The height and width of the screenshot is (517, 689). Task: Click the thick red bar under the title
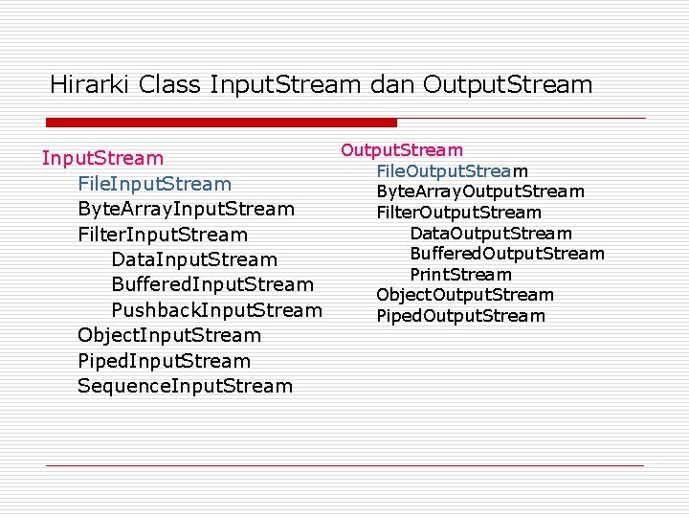pyautogui.click(x=222, y=123)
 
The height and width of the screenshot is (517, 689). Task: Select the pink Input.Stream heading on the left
pyautogui.click(x=102, y=158)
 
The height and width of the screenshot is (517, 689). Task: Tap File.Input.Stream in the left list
pyautogui.click(x=155, y=183)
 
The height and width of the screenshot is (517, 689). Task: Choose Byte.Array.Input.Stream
pyautogui.click(x=187, y=209)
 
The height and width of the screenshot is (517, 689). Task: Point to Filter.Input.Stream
pyautogui.click(x=163, y=235)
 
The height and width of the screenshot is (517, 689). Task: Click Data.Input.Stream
pyautogui.click(x=194, y=259)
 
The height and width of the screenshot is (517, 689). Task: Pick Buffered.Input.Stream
pyautogui.click(x=212, y=284)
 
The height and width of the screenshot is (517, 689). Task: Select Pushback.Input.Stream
pyautogui.click(x=217, y=310)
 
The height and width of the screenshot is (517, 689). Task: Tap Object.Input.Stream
pyautogui.click(x=169, y=335)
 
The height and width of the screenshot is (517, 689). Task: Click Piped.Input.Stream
pyautogui.click(x=165, y=361)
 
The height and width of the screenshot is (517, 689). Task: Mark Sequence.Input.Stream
pyautogui.click(x=186, y=386)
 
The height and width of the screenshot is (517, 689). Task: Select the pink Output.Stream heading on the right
pyautogui.click(x=402, y=150)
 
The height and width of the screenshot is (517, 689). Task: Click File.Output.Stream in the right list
pyautogui.click(x=452, y=170)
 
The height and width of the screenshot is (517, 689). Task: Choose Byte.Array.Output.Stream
pyautogui.click(x=480, y=191)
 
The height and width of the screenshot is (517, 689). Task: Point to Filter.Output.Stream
pyautogui.click(x=458, y=213)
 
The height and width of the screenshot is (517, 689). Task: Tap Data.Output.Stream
pyautogui.click(x=491, y=234)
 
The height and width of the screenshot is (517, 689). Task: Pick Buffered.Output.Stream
pyautogui.click(x=507, y=254)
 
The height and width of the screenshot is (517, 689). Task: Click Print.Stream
pyautogui.click(x=460, y=275)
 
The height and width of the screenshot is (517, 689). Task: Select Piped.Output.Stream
pyautogui.click(x=460, y=316)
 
